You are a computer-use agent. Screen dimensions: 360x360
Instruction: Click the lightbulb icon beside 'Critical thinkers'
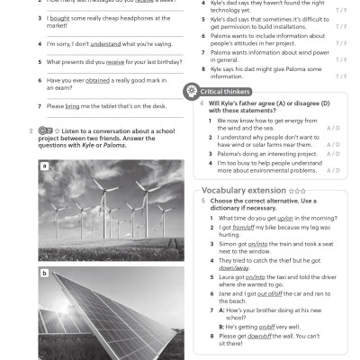(191, 91)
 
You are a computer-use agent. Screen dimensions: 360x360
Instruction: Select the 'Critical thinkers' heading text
(226, 92)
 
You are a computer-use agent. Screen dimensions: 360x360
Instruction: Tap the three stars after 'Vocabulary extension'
(297, 191)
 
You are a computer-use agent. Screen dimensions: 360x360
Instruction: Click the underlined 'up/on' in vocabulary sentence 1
(284, 218)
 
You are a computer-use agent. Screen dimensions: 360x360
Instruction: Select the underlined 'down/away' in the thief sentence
(233, 268)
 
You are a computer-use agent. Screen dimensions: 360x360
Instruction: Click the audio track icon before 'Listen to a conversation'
(45, 131)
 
